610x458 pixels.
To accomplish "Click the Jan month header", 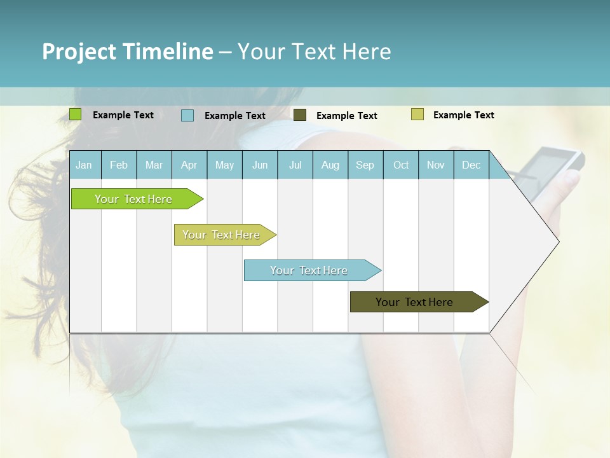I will pos(84,165).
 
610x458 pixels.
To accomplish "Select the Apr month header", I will pos(189,165).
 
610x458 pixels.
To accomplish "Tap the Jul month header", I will pos(295,165).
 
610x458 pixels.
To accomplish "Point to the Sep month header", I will pos(365,165).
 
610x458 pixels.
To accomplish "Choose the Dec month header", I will pos(471,165).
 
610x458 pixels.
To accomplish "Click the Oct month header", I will pos(401,165).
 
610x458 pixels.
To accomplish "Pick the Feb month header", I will pos(119,165).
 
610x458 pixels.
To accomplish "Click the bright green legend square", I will pos(75,114).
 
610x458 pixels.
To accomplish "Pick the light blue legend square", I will pos(187,115).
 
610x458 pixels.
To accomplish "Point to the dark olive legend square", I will pos(299,114).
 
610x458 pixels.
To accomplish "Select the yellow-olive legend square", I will pos(417,114).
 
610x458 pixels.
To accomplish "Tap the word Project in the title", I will pos(78,52).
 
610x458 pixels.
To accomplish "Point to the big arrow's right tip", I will pos(558,241).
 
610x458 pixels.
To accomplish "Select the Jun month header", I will pos(260,165).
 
